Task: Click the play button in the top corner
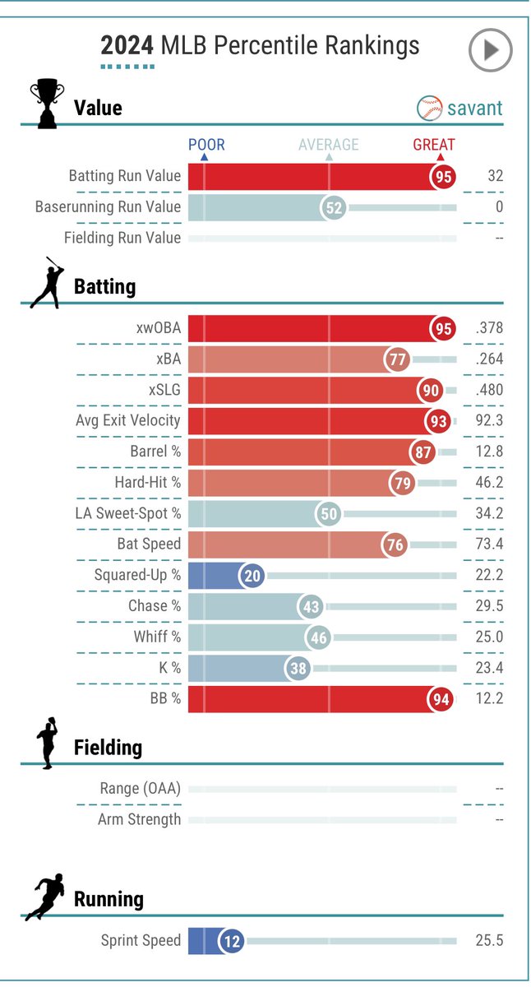[490, 49]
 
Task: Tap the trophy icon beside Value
[47, 104]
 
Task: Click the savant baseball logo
[429, 108]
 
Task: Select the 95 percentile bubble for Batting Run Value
[443, 177]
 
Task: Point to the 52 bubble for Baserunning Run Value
[333, 207]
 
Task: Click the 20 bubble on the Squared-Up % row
[252, 576]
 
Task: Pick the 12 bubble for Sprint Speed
[232, 941]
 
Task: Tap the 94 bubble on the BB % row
[441, 699]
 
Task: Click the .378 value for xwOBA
[489, 328]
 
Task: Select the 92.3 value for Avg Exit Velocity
[489, 420]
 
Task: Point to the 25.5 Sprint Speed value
[489, 940]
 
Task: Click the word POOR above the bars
[206, 145]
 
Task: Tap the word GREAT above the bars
[434, 145]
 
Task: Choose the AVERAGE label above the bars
[329, 145]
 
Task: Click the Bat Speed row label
[149, 544]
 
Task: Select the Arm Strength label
[139, 819]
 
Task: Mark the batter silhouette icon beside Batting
[48, 283]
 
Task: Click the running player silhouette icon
[44, 897]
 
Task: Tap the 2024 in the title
[127, 45]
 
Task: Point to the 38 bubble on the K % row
[298, 668]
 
